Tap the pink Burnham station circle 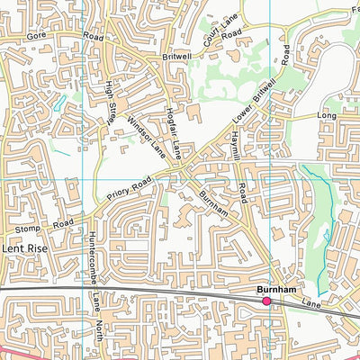[x=266, y=301]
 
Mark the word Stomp [x=28, y=229]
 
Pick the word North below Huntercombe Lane [x=95, y=335]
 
